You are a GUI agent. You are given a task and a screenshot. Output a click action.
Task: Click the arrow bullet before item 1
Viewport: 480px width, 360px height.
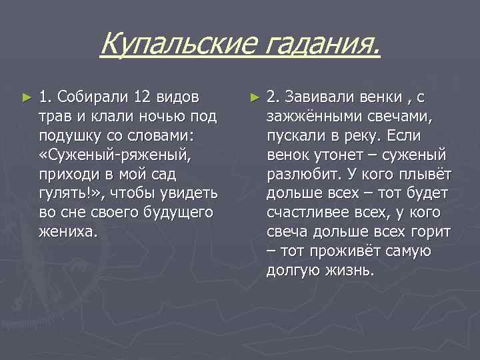coord(27,98)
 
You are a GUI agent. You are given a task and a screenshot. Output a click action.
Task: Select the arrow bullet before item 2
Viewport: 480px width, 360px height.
coord(254,98)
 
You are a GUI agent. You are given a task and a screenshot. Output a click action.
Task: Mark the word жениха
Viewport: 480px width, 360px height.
coord(67,233)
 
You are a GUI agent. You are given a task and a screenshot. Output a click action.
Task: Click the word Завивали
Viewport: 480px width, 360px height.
coord(316,97)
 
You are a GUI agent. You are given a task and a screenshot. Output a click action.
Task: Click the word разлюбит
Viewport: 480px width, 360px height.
coord(300,175)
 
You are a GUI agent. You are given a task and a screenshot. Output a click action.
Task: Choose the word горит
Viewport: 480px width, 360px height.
coord(433,233)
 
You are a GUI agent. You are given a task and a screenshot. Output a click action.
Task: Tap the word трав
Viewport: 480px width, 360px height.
coord(55,117)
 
